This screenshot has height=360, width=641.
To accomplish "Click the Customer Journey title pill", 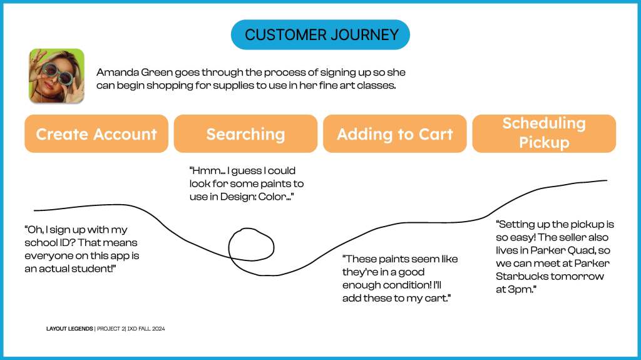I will (320, 34).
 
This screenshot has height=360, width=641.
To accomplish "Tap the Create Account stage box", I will (96, 134).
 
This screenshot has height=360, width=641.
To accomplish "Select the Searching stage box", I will (245, 134).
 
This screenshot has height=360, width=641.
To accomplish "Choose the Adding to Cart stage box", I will (394, 134).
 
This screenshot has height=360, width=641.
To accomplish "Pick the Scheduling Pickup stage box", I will (543, 133).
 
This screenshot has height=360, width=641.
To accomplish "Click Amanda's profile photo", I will (56, 76).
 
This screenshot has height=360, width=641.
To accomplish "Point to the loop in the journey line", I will (251, 244).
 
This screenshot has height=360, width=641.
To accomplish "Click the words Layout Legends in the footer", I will (69, 329).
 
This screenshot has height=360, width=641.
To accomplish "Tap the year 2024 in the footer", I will (156, 329).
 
